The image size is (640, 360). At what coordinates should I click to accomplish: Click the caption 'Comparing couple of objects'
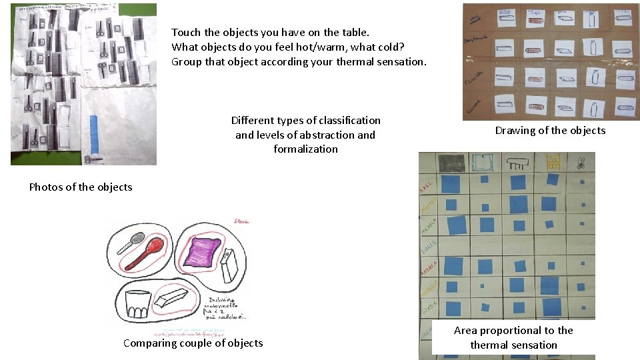click(193, 343)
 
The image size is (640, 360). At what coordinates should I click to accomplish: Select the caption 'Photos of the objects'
click(81, 187)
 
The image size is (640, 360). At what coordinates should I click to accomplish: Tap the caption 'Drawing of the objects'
click(550, 131)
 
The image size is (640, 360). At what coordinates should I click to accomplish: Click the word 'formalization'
click(305, 149)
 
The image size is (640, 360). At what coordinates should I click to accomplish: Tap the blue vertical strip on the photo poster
click(94, 133)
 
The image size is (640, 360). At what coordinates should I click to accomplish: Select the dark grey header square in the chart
click(452, 162)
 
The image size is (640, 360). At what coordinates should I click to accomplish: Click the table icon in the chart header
click(517, 161)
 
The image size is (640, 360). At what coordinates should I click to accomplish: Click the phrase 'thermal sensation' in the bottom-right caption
click(513, 345)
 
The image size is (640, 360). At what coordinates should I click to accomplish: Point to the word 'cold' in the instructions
click(351, 47)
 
